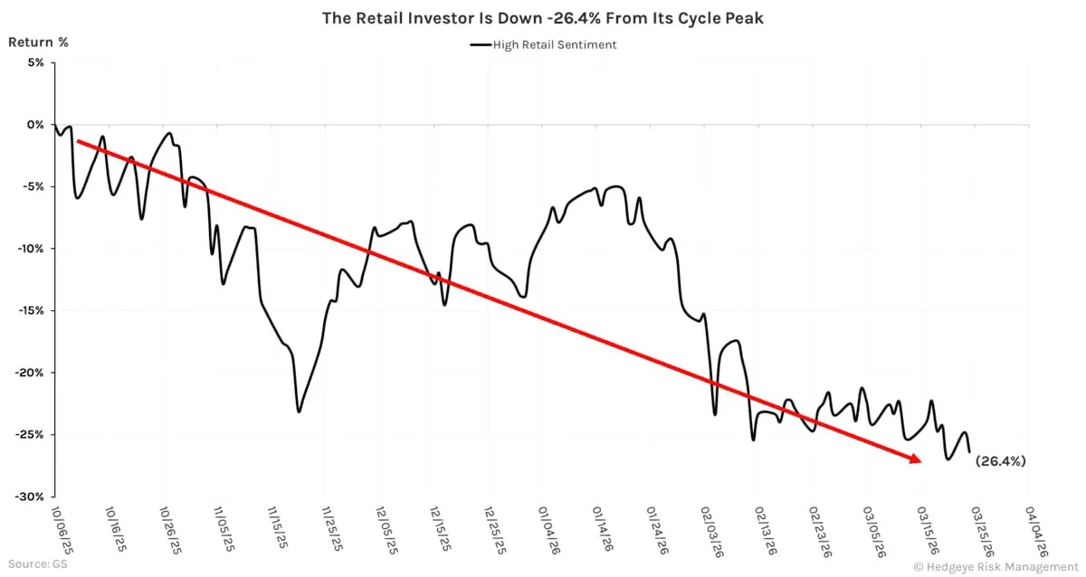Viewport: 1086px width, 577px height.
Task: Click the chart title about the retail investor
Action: (x=542, y=18)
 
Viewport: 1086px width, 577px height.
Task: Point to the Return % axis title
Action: (x=38, y=42)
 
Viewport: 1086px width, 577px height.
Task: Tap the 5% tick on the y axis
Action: (x=34, y=62)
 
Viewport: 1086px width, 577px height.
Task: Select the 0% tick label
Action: (x=34, y=125)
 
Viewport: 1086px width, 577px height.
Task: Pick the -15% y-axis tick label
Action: (x=32, y=310)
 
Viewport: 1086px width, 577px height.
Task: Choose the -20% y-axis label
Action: (x=32, y=373)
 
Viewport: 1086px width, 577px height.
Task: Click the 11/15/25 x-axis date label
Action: (x=279, y=530)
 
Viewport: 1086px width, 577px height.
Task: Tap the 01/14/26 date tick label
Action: (x=604, y=530)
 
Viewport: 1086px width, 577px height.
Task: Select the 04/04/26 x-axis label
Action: (x=1036, y=530)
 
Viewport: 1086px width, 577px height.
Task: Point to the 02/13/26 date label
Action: (x=766, y=530)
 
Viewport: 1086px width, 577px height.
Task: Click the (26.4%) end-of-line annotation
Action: (x=1000, y=461)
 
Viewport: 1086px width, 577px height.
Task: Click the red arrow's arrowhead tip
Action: (x=920, y=462)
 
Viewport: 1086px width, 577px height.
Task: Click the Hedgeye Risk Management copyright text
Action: (x=991, y=566)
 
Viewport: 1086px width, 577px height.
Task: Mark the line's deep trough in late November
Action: (x=299, y=411)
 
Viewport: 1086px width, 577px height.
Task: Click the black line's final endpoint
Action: (x=969, y=451)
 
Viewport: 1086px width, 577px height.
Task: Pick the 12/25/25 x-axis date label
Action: (x=495, y=530)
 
